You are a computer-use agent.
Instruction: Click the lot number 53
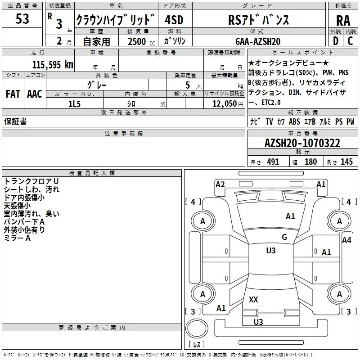tap(22, 19)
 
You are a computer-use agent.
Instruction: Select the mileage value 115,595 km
tap(53, 64)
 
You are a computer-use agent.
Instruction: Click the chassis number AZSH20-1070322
tap(302, 143)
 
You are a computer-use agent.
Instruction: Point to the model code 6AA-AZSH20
tap(258, 41)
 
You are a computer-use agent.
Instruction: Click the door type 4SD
tap(175, 20)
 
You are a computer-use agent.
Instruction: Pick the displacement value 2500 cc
tap(138, 41)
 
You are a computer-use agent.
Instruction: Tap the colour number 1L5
tap(74, 103)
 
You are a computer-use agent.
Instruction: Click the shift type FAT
tap(13, 94)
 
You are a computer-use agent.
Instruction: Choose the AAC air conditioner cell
tap(34, 94)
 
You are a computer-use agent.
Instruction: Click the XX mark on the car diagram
tap(253, 299)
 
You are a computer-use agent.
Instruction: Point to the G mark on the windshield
tap(284, 237)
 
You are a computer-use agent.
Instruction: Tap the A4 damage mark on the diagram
tap(346, 240)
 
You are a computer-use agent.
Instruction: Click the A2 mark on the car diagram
tap(220, 184)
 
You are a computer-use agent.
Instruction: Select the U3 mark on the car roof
tap(271, 251)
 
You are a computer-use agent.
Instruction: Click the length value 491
tap(273, 162)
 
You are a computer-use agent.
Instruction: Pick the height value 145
tap(346, 162)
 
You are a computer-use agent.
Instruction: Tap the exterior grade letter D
tap(336, 41)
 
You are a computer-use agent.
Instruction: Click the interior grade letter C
tap(351, 41)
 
